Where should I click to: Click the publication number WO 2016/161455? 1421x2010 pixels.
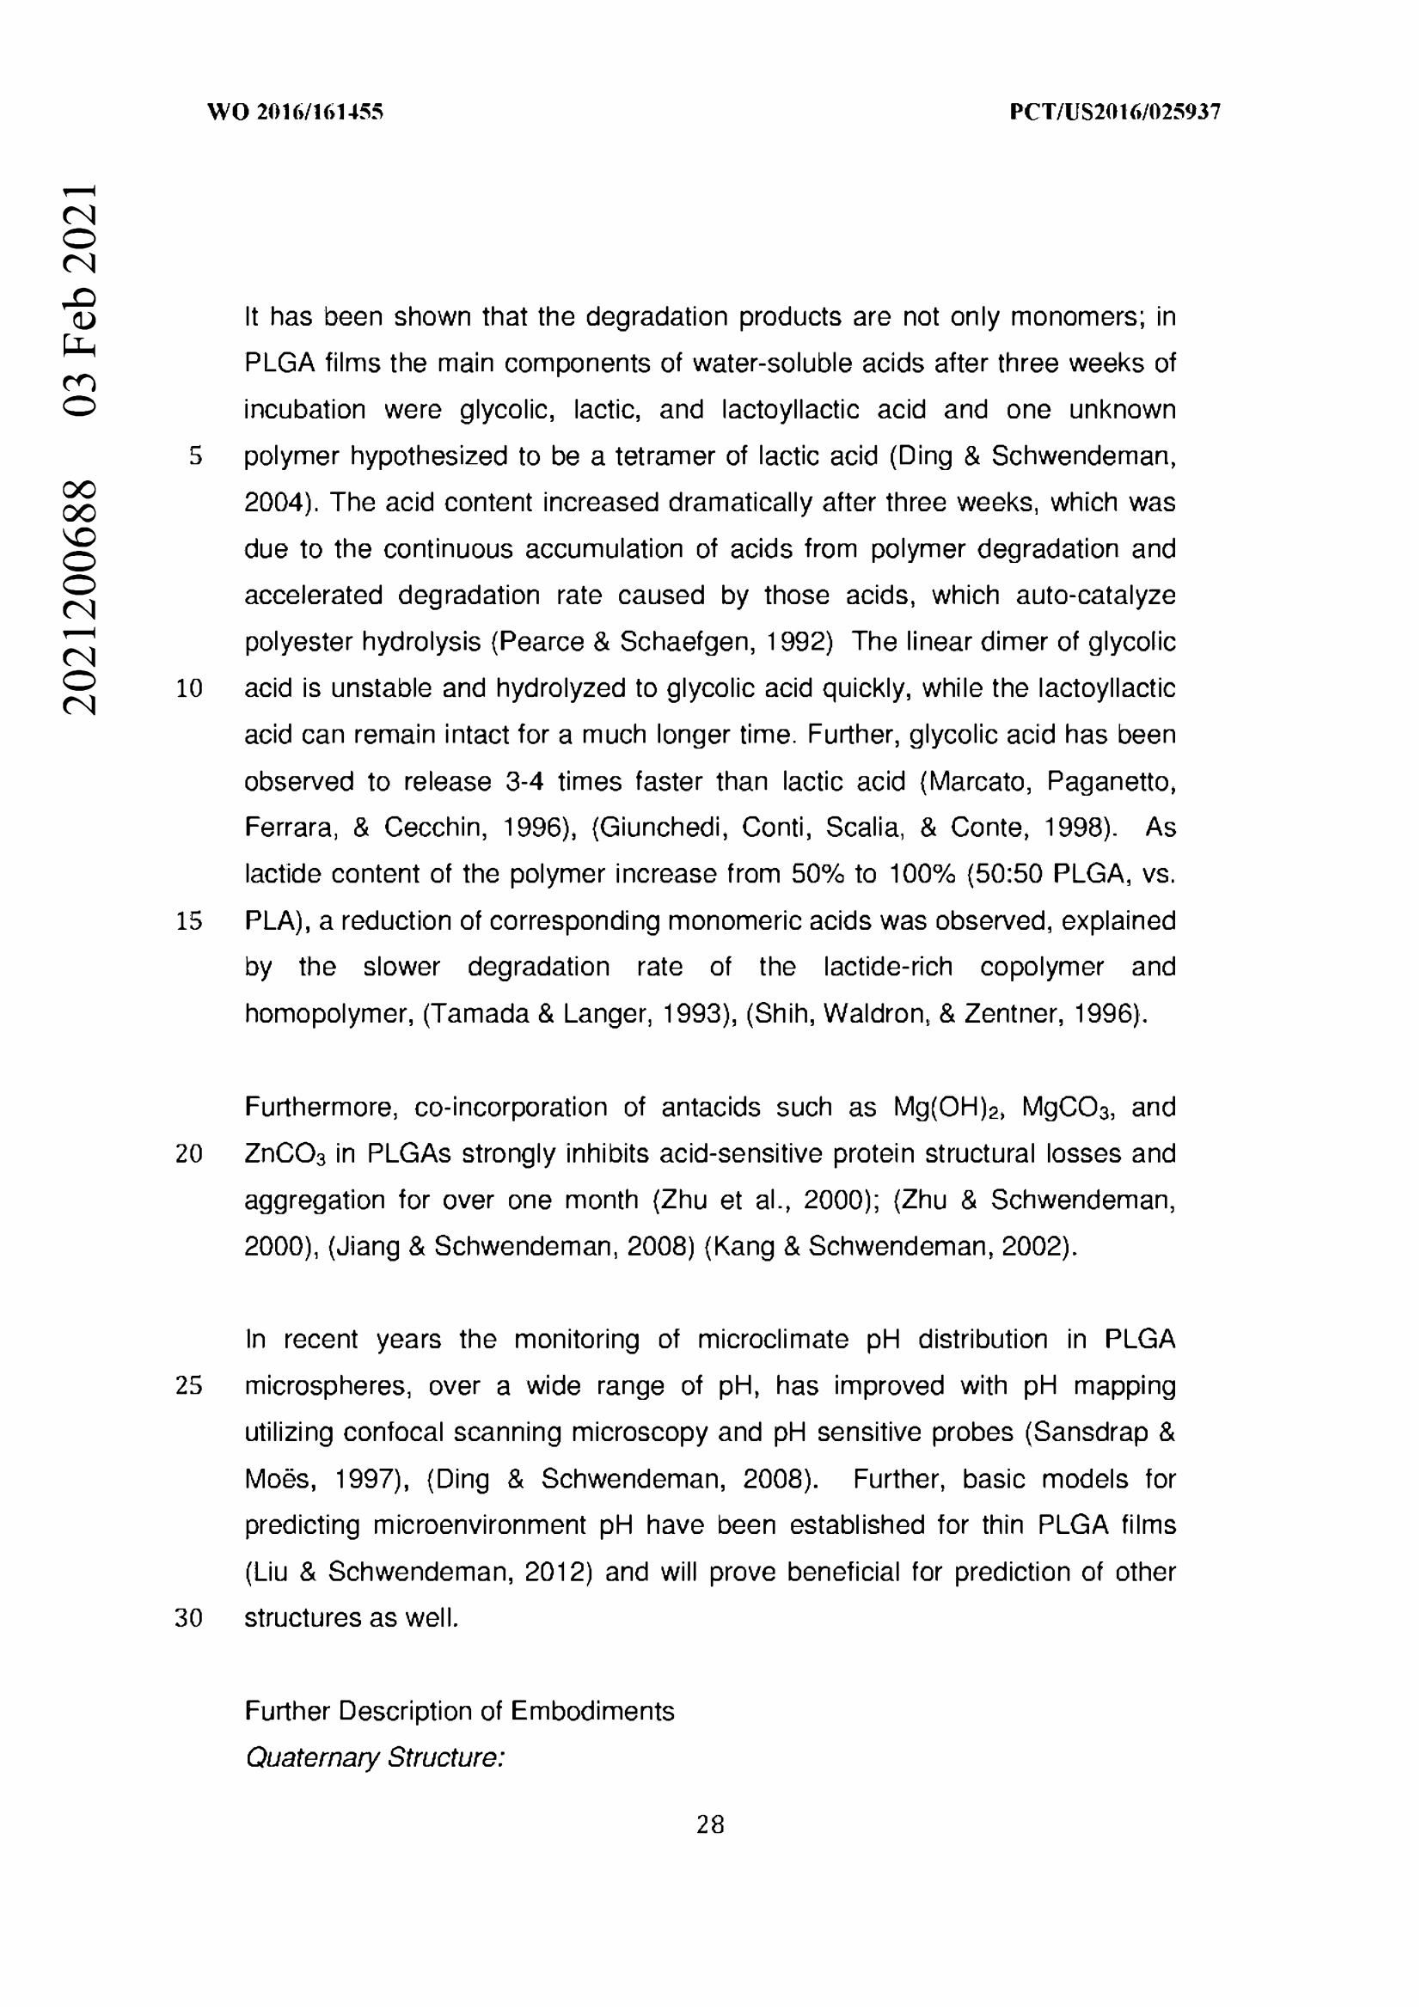pyautogui.click(x=295, y=112)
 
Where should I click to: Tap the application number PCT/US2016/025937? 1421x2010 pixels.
pyautogui.click(x=1115, y=112)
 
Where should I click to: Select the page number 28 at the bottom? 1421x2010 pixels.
pyautogui.click(x=710, y=1824)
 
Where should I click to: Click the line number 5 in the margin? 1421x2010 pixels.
pyautogui.click(x=195, y=456)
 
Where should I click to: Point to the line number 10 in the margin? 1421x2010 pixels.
pyautogui.click(x=189, y=689)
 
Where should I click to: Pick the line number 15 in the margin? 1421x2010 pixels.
pyautogui.click(x=189, y=921)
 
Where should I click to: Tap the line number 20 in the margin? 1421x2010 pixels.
pyautogui.click(x=189, y=1154)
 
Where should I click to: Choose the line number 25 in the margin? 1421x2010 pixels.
pyautogui.click(x=189, y=1386)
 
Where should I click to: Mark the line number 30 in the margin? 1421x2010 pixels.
pyautogui.click(x=189, y=1618)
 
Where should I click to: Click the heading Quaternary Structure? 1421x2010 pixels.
pyautogui.click(x=375, y=1757)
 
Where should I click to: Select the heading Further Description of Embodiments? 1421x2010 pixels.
pyautogui.click(x=459, y=1711)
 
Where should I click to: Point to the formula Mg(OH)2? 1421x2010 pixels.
pyautogui.click(x=946, y=1109)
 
